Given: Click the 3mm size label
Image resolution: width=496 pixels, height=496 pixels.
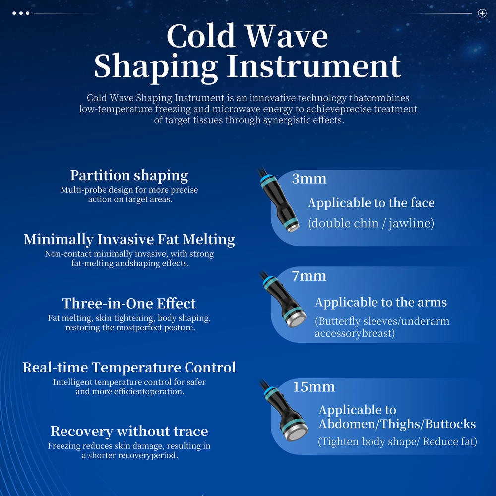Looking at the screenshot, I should coord(309,179).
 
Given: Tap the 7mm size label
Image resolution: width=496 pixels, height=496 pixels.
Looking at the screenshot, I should coord(309,276).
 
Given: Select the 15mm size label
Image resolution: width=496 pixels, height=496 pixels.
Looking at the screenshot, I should coord(313,387).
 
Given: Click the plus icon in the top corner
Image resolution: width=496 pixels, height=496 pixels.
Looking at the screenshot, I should coord(482,13).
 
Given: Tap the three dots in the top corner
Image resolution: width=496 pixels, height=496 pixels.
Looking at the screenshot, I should coord(21,13).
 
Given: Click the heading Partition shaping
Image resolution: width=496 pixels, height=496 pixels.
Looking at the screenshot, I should coord(129,175).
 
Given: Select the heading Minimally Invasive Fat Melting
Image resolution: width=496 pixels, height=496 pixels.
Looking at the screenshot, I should coord(129,239).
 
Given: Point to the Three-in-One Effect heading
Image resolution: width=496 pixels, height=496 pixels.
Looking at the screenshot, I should coord(129,303).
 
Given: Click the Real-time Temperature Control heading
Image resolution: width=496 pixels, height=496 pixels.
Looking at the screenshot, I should coord(129,368).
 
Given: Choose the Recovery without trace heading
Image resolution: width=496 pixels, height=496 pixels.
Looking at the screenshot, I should coord(129,431).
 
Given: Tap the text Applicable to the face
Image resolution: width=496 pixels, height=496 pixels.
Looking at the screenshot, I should coord(371,203).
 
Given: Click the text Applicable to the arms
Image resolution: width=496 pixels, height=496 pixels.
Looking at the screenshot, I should coord(380,302).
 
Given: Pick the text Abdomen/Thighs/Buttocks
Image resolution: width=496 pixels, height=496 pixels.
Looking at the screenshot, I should coord(397,424).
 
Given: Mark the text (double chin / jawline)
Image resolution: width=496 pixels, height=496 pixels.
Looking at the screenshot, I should coord(371,223).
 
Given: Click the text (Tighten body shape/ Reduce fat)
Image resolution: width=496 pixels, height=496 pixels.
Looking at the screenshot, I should coord(397,441).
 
